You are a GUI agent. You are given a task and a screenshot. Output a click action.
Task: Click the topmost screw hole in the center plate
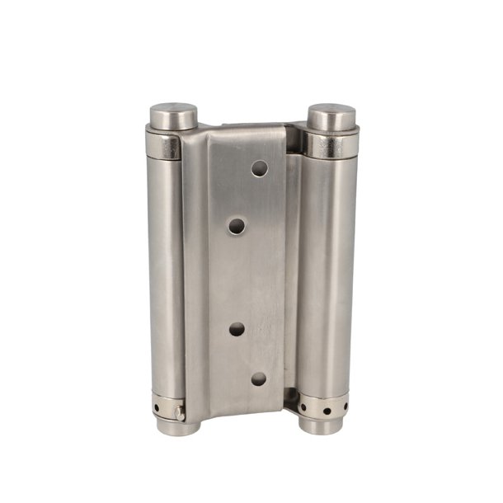coord(260,169)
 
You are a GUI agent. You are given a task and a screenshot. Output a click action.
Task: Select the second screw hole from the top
coord(237,225)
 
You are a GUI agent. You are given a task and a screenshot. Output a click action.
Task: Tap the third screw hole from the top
coord(237,328)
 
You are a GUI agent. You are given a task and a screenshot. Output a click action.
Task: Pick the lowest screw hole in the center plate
coord(259,378)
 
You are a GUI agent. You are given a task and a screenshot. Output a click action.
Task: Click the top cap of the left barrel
coord(173,115)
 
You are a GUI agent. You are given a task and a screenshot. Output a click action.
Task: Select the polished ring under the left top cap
coord(165,145)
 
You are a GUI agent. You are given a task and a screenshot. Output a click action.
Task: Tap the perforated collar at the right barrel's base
coord(322,407)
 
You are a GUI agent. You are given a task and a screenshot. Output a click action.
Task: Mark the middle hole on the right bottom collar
coord(320,410)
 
